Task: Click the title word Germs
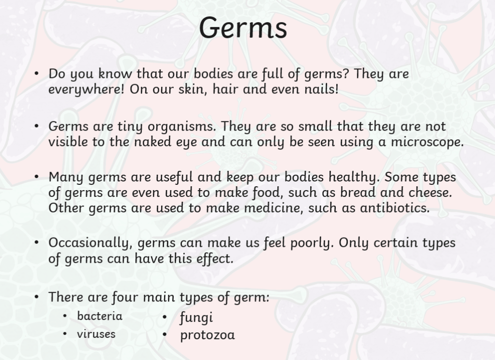[243, 28]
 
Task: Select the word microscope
[427, 142]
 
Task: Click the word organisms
[182, 127]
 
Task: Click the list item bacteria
[100, 316]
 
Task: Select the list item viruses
[96, 334]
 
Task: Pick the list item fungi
[196, 317]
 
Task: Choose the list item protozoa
[208, 335]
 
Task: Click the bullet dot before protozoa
[165, 334]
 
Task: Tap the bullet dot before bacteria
[65, 315]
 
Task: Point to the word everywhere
[87, 90]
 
